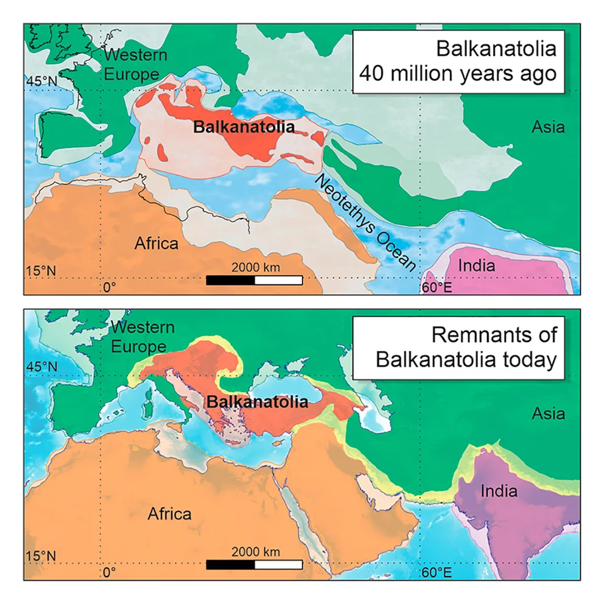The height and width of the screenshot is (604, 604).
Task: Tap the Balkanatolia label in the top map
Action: [244, 128]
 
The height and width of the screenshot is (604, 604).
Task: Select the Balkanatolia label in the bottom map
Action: [256, 402]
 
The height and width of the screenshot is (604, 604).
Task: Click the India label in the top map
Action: [476, 265]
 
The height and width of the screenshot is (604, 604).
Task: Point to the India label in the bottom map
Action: [499, 491]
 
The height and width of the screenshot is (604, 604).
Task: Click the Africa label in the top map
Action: [156, 244]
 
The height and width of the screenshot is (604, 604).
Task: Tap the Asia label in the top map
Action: [548, 127]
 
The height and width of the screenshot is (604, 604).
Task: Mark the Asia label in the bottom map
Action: [548, 413]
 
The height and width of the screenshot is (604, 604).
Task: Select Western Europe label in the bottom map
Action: [142, 337]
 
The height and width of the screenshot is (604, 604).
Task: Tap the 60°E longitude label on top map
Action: [437, 287]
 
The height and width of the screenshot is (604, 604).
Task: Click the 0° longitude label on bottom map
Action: [109, 572]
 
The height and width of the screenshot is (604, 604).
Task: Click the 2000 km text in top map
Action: [255, 267]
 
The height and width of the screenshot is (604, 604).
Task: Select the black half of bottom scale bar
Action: [230, 564]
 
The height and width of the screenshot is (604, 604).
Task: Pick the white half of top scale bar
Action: [278, 280]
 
